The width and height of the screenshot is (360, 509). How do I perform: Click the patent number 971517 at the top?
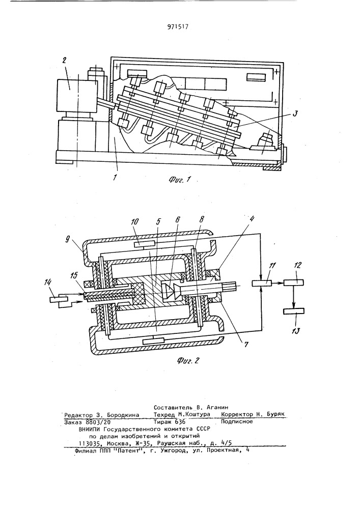point(178,27)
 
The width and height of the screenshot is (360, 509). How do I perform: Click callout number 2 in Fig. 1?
point(64,60)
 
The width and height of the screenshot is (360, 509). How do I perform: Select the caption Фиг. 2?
point(187,360)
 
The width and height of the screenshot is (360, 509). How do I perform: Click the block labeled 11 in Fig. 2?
point(262,283)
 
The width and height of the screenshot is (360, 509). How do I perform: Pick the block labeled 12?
point(294,282)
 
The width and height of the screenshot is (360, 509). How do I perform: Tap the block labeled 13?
point(294,311)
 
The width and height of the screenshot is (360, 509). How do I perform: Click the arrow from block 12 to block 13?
point(294,297)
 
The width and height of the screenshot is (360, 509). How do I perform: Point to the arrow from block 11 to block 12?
point(278,282)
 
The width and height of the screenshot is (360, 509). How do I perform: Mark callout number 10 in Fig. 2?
point(135,222)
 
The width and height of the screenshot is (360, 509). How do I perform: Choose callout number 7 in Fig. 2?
point(245,345)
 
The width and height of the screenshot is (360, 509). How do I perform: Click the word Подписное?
point(237,421)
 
